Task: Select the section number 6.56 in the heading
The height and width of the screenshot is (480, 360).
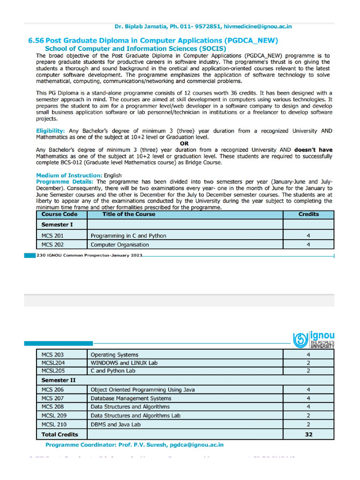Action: [37, 41]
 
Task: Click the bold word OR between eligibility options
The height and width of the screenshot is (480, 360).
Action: [184, 143]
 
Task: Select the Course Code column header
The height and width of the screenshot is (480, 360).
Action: [59, 214]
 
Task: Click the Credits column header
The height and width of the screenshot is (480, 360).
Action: [308, 214]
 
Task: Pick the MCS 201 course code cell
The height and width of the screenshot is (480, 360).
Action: [52, 236]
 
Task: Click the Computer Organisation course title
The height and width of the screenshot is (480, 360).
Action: [120, 245]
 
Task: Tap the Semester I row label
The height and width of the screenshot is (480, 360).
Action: [57, 225]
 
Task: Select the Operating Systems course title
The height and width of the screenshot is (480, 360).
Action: [114, 355]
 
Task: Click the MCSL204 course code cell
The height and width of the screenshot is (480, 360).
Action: [53, 363]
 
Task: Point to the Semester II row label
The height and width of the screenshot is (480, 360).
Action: [59, 380]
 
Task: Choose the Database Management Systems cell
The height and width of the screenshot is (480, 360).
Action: [124, 398]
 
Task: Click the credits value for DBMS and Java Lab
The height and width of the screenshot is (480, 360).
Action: [308, 425]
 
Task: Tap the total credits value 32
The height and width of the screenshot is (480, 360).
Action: [308, 435]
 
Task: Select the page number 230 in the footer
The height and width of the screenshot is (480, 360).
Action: [40, 255]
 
